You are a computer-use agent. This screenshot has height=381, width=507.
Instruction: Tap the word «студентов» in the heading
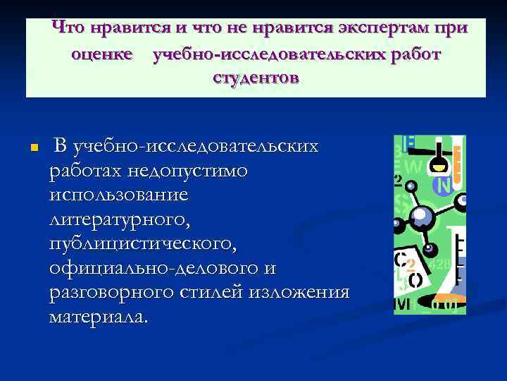[x=255, y=78]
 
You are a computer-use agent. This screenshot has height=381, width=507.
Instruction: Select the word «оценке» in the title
[x=102, y=54]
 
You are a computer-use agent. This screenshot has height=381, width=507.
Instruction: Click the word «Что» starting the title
[x=68, y=29]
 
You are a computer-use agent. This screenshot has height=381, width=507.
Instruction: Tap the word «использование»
[x=119, y=195]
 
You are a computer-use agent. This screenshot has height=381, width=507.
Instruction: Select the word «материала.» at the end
[x=99, y=317]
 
